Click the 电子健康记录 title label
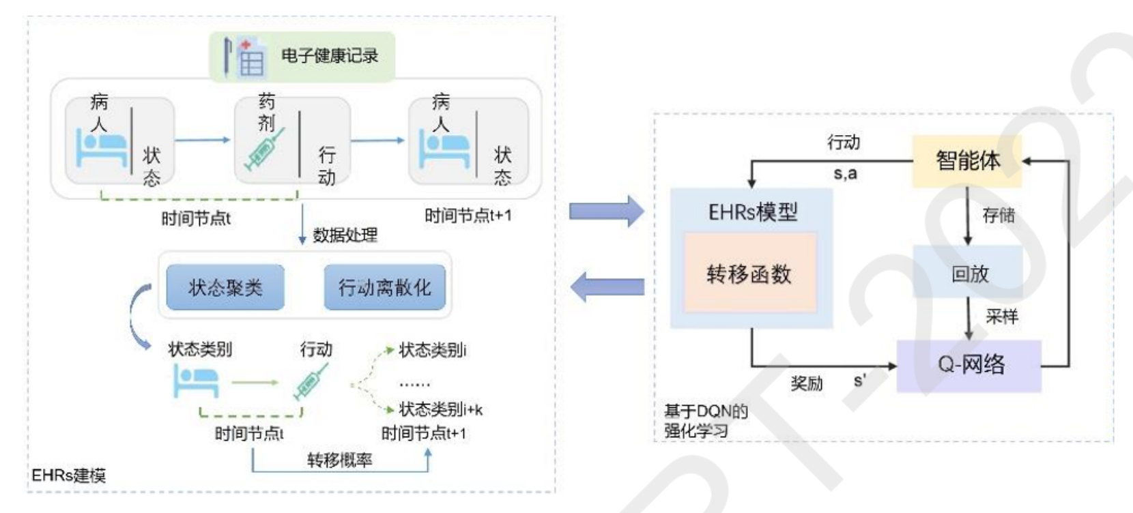[x=330, y=56]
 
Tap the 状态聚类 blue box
[x=225, y=287]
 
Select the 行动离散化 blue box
[x=384, y=287]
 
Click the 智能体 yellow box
[x=967, y=161]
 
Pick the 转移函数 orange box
[x=749, y=274]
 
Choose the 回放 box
[x=969, y=274]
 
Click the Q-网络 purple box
[x=970, y=365]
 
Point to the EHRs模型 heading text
[x=752, y=212]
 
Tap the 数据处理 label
[x=345, y=235]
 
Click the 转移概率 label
[x=339, y=460]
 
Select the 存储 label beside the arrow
[x=998, y=216]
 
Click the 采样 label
[x=1001, y=317]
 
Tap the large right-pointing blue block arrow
[x=606, y=211]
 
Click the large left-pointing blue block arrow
[x=607, y=287]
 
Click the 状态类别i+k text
[x=440, y=409]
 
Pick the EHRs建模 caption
[x=69, y=475]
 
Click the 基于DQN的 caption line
[x=706, y=411]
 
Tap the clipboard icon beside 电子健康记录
[x=246, y=57]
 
